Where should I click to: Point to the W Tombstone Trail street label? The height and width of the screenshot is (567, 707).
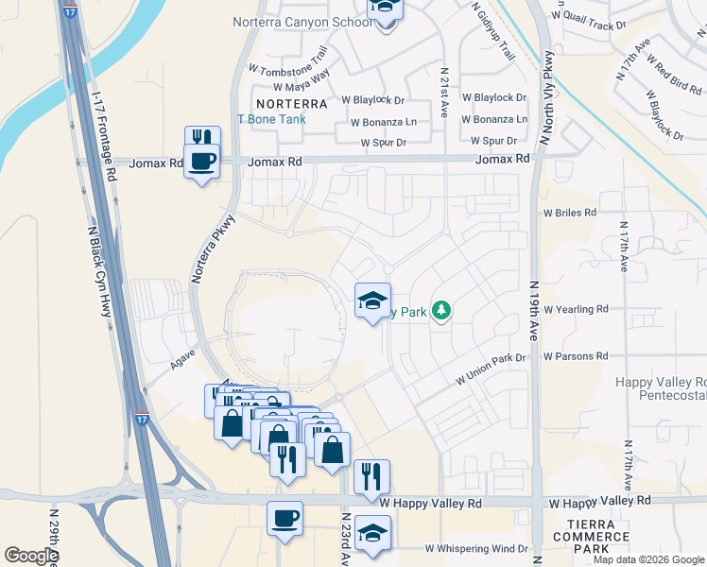(287, 60)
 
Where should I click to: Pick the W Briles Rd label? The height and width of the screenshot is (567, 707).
(570, 213)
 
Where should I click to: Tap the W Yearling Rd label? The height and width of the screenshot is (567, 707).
(576, 309)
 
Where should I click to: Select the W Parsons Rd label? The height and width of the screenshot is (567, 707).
(576, 356)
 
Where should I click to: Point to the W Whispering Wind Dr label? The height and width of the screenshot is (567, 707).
(475, 548)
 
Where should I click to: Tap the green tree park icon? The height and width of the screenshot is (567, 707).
(440, 310)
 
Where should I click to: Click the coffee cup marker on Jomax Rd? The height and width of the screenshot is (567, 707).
(202, 162)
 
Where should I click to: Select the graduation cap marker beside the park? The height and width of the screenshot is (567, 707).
(372, 302)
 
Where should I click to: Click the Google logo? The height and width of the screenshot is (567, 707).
(31, 556)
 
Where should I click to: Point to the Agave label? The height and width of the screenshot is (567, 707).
(156, 359)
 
